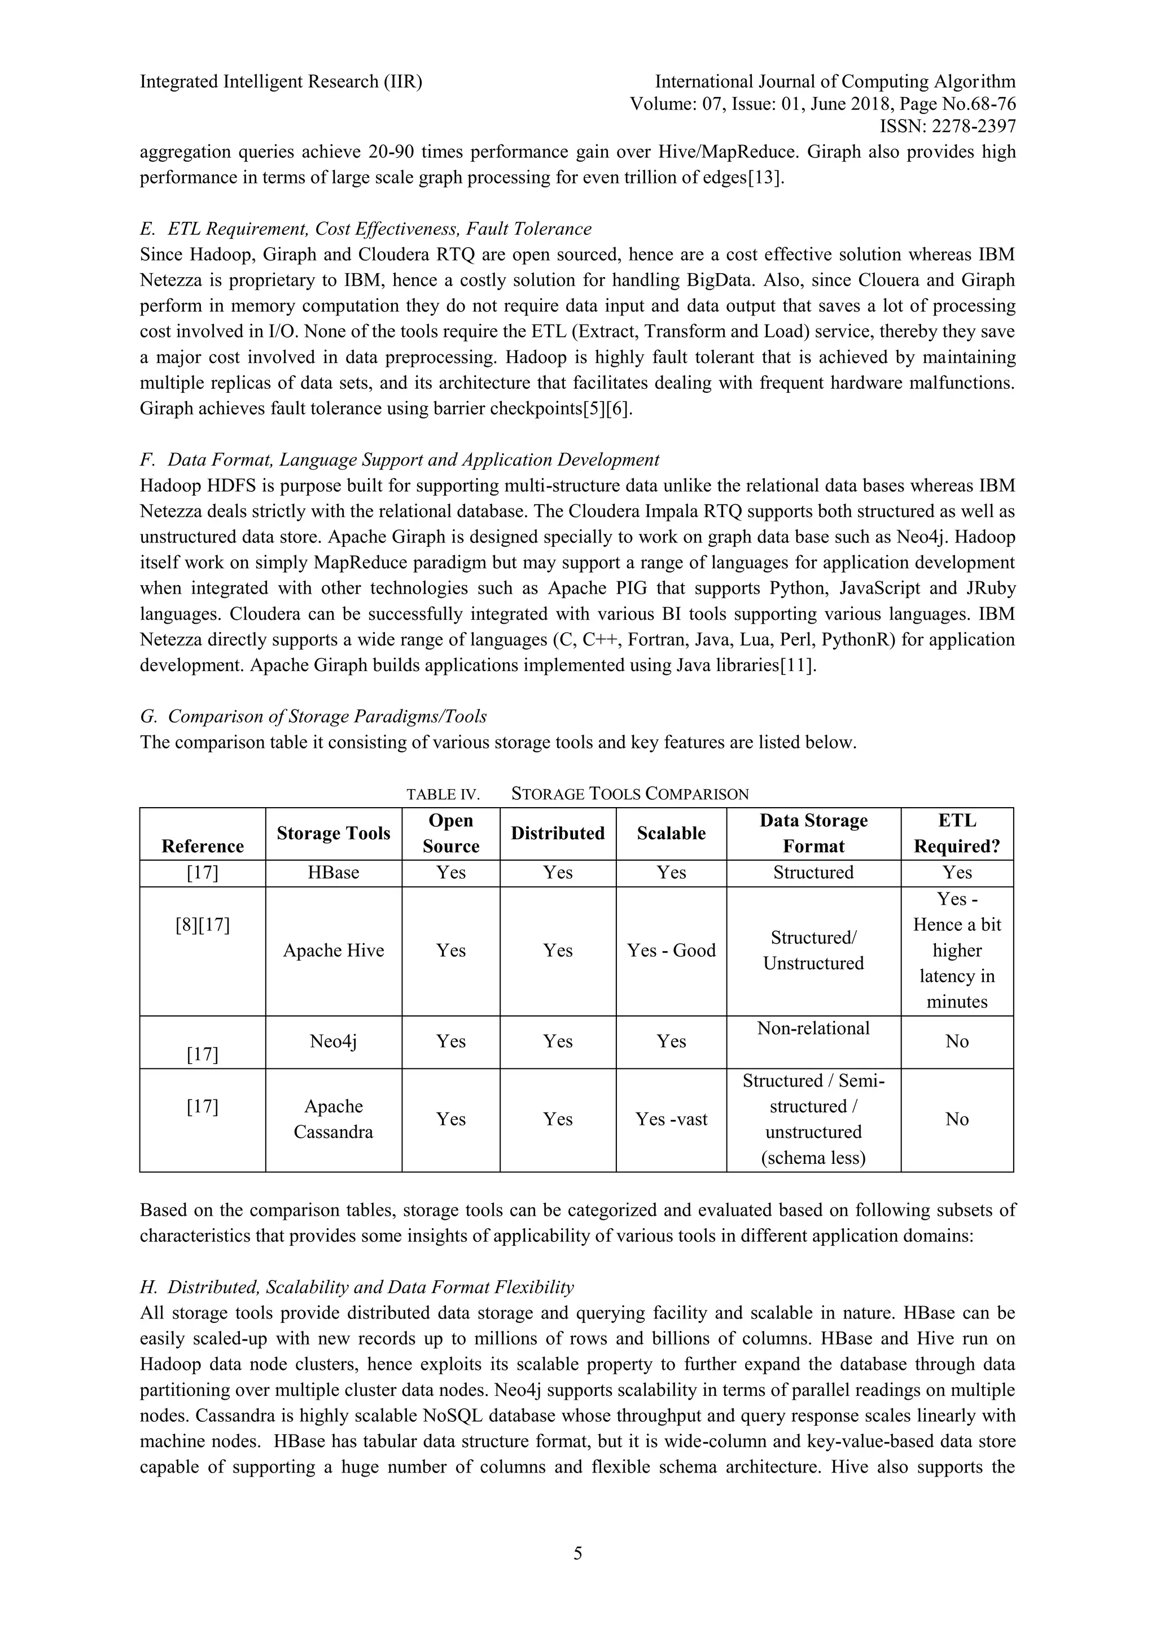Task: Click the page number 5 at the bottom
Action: coord(577,1552)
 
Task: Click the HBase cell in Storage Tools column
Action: coord(333,873)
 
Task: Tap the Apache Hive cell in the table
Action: coord(333,951)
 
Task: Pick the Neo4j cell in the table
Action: coord(333,1041)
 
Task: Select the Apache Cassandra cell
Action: coord(333,1119)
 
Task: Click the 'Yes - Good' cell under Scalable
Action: coord(671,951)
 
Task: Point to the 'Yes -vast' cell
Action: coord(671,1119)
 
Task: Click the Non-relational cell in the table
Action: coord(813,1028)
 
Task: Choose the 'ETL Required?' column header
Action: coord(957,834)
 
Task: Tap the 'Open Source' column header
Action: coord(450,834)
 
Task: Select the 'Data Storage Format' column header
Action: coord(813,834)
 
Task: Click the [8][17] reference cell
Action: coord(202,925)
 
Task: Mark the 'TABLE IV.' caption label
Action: coord(443,794)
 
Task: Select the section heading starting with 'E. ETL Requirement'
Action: coord(365,229)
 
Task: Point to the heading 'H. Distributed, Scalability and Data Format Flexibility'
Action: coord(357,1287)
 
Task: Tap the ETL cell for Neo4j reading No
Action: coord(957,1041)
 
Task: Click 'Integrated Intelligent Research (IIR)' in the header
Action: coord(281,82)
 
